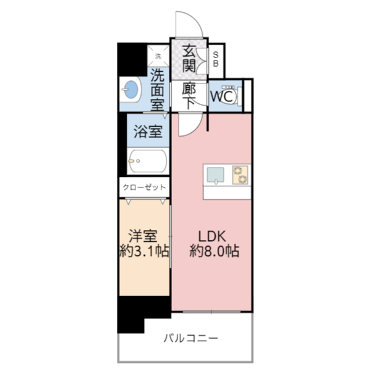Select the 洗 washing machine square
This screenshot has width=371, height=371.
158,56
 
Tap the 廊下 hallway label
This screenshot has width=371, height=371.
189,96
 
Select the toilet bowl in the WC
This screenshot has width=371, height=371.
234,96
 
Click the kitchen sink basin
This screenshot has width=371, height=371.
215,175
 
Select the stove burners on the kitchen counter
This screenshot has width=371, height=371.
240,174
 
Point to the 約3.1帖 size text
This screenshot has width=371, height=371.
143,251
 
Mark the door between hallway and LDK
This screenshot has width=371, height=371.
189,124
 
